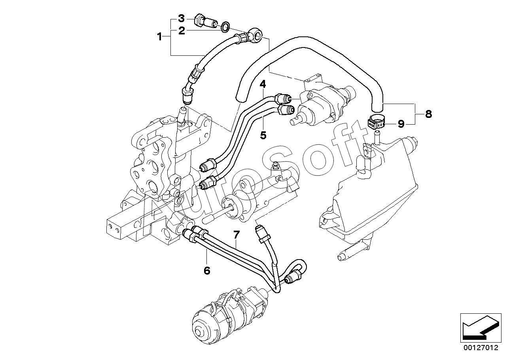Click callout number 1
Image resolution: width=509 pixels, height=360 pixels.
click(160, 36)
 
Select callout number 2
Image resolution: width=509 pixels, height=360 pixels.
click(182, 31)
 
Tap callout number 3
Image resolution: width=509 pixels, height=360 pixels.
click(181, 19)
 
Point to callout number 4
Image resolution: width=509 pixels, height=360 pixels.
click(263, 84)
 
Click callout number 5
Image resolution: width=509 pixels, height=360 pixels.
click(263, 135)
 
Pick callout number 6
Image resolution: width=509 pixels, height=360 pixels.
click(207, 271)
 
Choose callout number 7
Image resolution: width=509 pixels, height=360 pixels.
click(237, 235)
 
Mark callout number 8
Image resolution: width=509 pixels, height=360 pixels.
click(428, 114)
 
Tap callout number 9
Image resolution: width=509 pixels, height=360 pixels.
click(401, 124)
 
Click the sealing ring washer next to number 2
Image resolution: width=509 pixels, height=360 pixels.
click(225, 27)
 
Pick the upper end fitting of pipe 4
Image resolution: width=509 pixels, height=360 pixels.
click(283, 99)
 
